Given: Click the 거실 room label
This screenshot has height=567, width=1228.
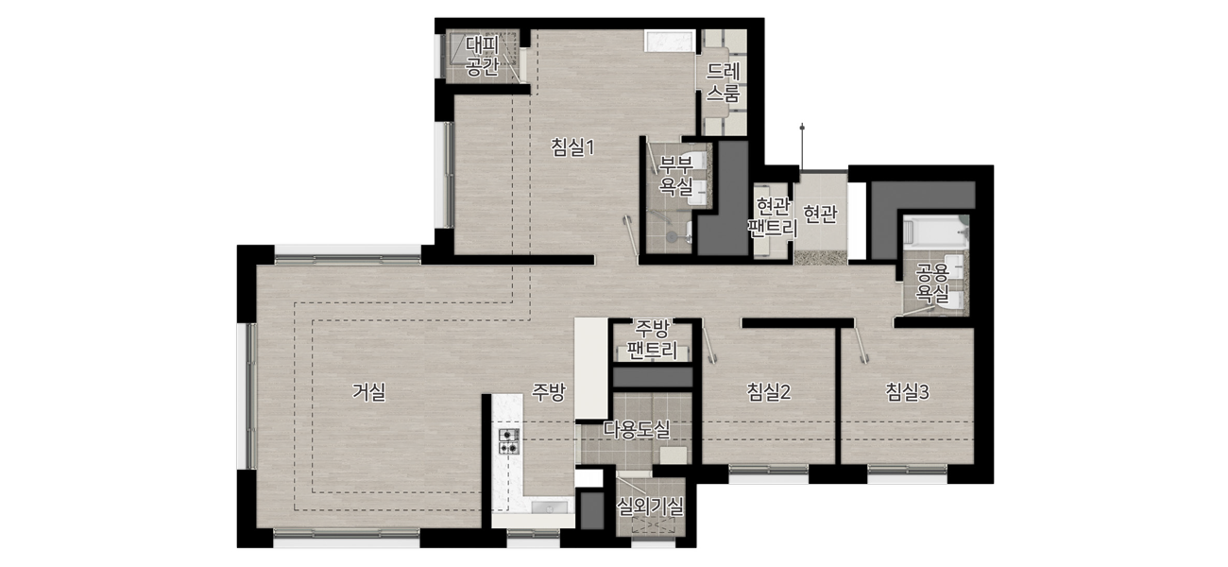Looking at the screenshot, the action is tap(369, 392).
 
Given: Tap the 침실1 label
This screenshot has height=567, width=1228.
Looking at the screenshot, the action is tap(572, 147).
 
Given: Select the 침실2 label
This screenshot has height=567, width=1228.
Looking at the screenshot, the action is tap(769, 391).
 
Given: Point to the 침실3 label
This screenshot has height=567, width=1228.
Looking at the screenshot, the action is tap(907, 391).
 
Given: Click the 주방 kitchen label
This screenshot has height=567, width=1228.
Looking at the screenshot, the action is tap(548, 391).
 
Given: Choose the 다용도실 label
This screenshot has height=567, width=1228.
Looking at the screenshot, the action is tap(637, 429).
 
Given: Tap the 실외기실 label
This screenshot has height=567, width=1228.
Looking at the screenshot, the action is tap(650, 507).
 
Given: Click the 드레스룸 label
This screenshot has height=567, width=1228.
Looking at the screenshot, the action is tap(723, 82).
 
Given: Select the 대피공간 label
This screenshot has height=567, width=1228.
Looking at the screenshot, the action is tap(482, 56).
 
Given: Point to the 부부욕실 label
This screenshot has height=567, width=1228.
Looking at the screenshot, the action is tap(676, 176).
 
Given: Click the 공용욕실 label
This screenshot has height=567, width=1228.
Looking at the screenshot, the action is tap(932, 283).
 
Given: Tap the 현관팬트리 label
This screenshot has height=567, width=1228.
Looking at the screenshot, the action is tap(773, 217).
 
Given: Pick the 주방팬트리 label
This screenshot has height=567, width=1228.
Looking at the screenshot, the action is tap(652, 339).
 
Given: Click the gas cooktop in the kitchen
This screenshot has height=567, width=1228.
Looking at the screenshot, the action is tap(509, 441).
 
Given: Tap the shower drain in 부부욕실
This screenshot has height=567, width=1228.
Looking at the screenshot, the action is tap(672, 236).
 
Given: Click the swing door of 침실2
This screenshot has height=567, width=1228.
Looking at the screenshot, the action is tap(709, 344).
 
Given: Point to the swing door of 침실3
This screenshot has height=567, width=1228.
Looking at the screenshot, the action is tap(861, 344).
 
